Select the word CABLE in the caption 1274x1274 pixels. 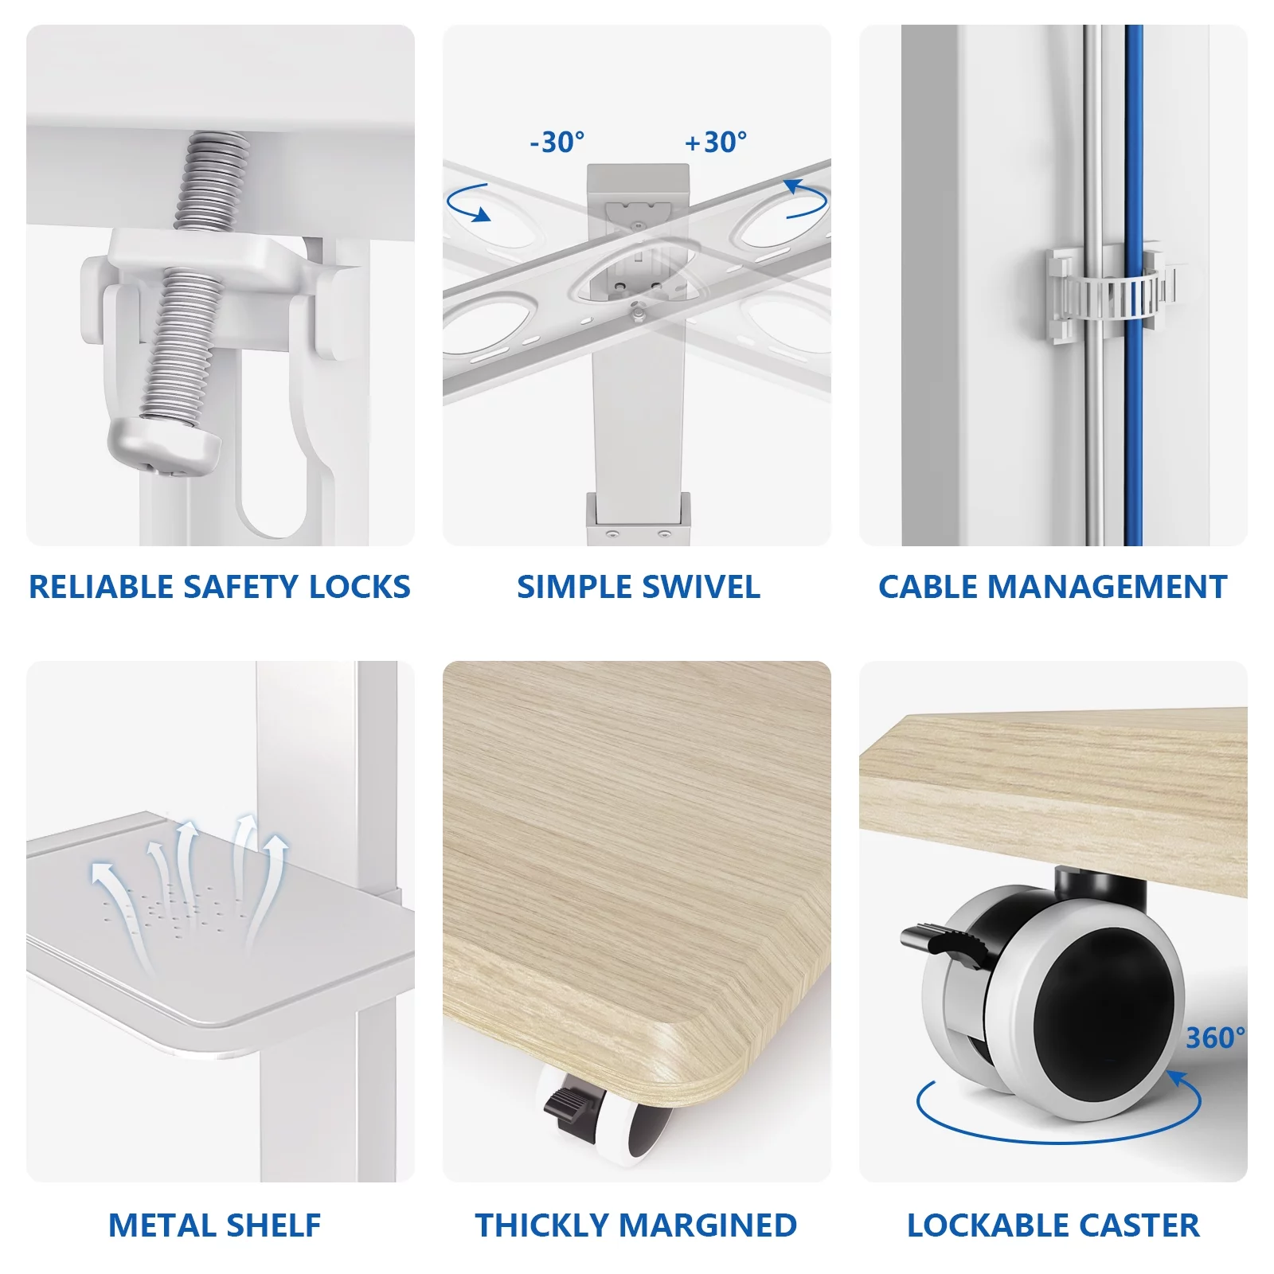pos(928,587)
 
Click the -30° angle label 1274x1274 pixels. pos(557,143)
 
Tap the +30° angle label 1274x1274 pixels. pos(716,143)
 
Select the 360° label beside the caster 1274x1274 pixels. pos(1215,1038)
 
